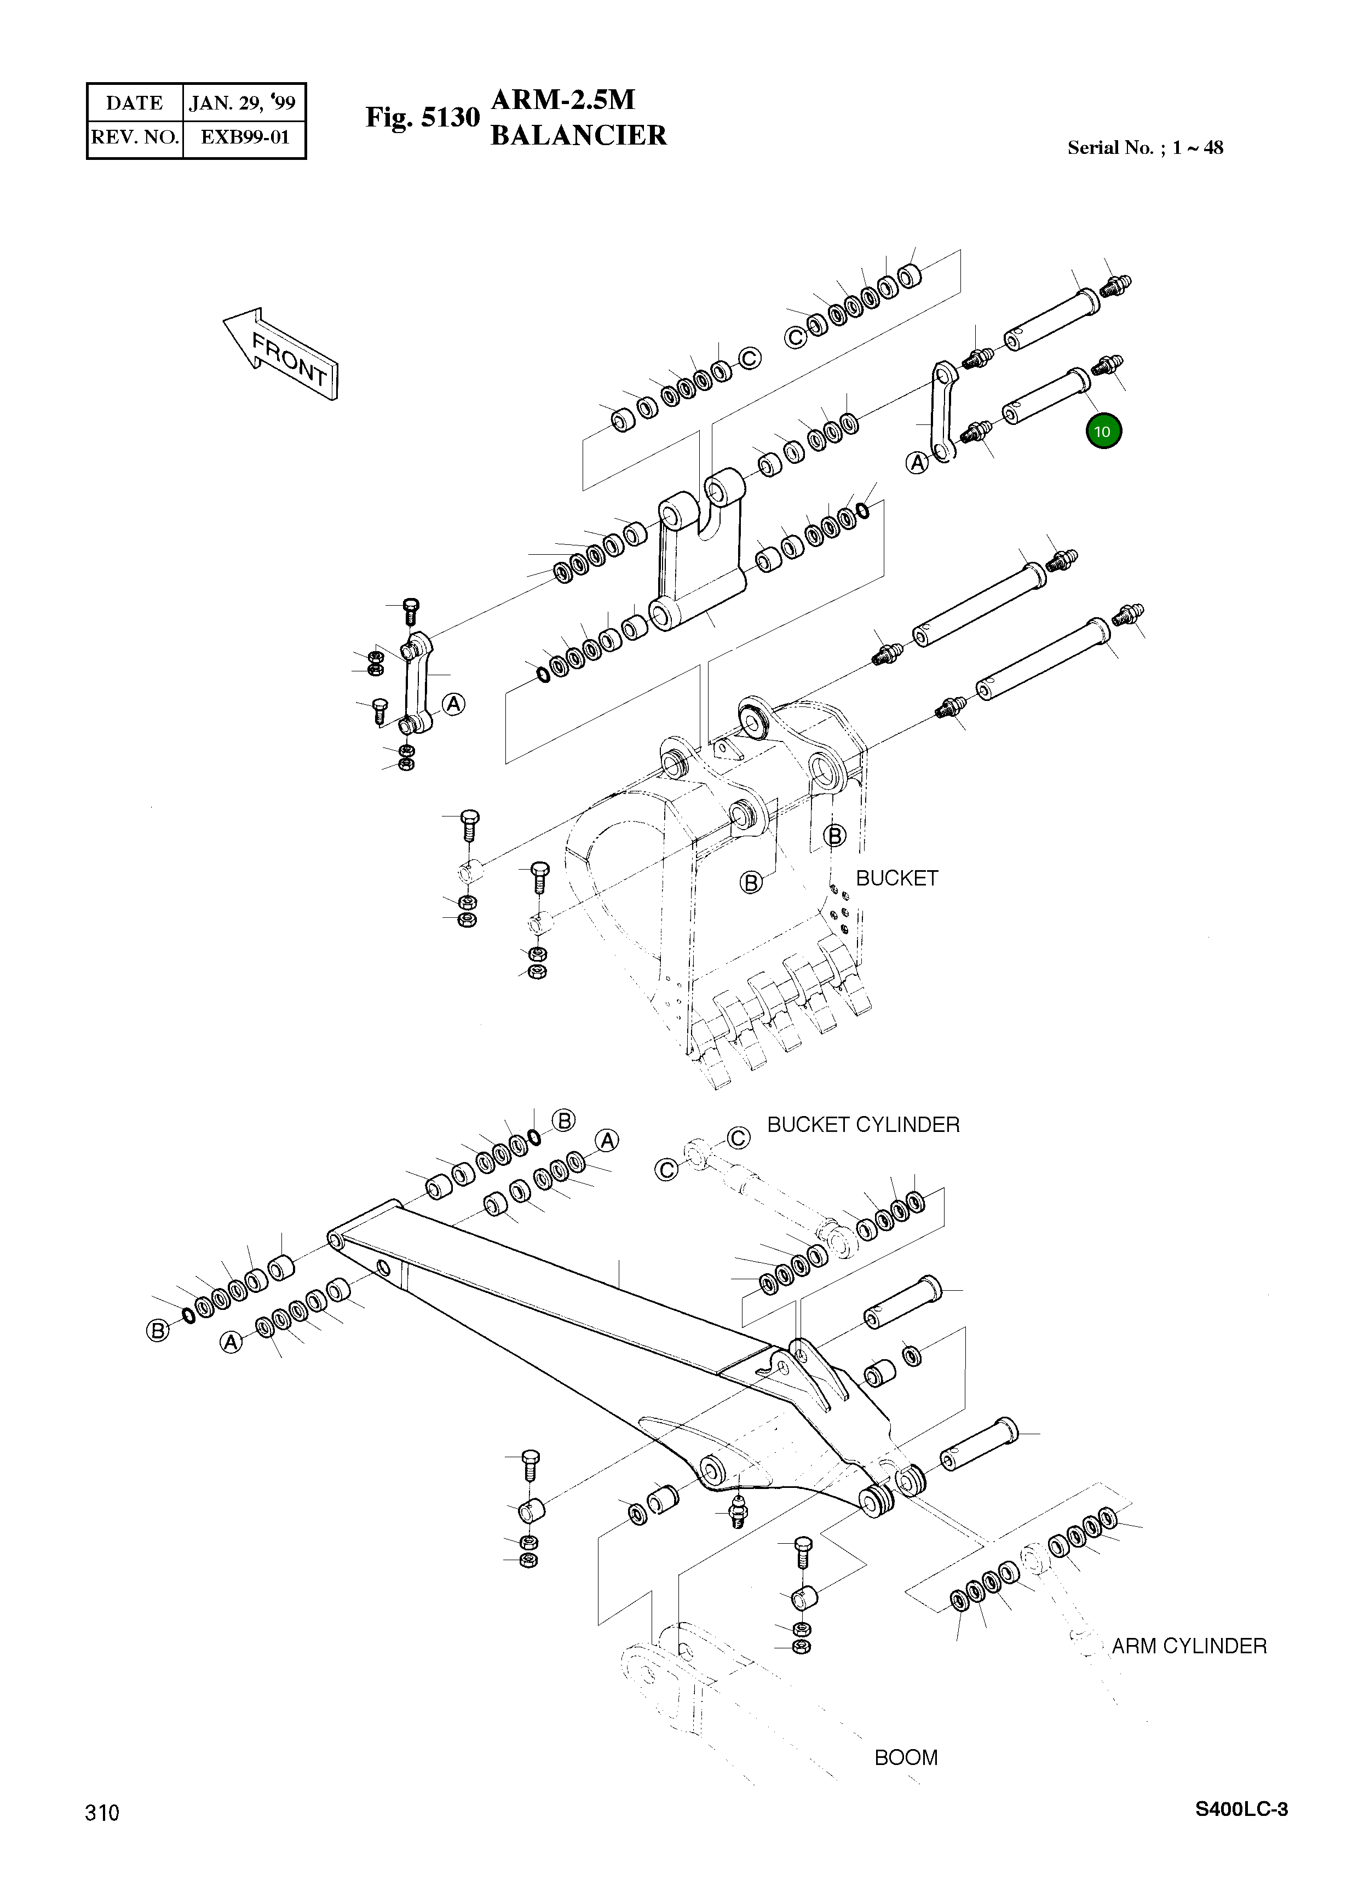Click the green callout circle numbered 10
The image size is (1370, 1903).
1102,432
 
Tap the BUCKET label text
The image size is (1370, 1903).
896,878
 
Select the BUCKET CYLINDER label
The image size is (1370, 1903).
864,1124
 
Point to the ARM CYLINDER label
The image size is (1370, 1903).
1189,1646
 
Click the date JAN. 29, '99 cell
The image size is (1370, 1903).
243,103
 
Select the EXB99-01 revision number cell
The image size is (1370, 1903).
244,137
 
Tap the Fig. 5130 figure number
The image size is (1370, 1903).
422,118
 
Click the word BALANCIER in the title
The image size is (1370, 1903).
578,135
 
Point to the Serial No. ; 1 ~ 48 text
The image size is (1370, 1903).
1144,148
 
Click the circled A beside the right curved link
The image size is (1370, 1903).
918,462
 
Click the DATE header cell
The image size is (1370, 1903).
134,103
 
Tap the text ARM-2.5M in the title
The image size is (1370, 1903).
563,100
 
